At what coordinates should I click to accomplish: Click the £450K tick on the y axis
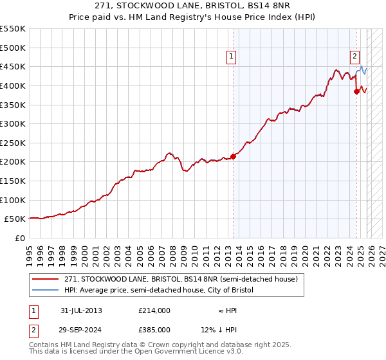13,66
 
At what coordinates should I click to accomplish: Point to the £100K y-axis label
13,200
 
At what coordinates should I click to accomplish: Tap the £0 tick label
19,238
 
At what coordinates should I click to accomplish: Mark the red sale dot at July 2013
233,156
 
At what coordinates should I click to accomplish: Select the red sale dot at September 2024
356,91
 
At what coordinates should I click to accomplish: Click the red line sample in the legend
46,280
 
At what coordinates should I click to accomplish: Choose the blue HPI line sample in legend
46,291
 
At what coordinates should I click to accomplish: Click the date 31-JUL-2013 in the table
82,310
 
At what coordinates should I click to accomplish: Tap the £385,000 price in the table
154,329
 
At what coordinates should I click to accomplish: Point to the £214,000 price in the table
154,310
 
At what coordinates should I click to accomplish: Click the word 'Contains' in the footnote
45,345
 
